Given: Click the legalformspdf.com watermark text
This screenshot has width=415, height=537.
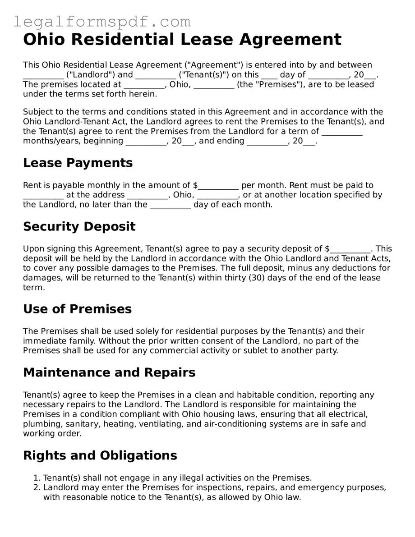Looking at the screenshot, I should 101,21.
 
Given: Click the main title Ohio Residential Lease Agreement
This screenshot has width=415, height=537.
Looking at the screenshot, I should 182,40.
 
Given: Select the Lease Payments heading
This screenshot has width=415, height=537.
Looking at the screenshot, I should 78,163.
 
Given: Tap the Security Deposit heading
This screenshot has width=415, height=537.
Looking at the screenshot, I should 79,226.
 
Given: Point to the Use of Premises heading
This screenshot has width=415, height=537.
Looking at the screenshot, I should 77,309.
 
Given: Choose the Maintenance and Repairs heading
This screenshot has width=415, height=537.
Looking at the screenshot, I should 109,373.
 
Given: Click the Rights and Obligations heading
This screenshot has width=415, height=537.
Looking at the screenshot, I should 100,455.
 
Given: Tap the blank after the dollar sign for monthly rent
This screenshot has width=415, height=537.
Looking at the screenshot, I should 218,185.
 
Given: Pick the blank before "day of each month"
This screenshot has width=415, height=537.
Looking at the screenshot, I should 170,205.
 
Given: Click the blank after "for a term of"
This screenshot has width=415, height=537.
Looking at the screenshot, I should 342,132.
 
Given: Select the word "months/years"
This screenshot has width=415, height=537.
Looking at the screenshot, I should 50,141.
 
